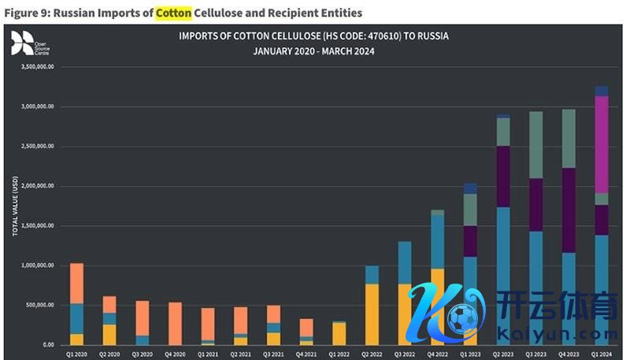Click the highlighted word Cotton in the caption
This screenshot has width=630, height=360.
point(172,13)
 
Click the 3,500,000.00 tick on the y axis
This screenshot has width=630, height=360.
point(38,67)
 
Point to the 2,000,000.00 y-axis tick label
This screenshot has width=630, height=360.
point(38,186)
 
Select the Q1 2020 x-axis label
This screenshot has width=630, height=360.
point(76,354)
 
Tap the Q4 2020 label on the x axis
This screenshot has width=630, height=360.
point(176,354)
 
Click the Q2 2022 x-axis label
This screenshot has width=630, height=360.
point(372,354)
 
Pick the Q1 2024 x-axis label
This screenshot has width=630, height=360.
point(601,354)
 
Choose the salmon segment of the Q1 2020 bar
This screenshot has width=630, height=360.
point(76,283)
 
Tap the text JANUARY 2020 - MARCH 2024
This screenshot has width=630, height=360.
point(313,52)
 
